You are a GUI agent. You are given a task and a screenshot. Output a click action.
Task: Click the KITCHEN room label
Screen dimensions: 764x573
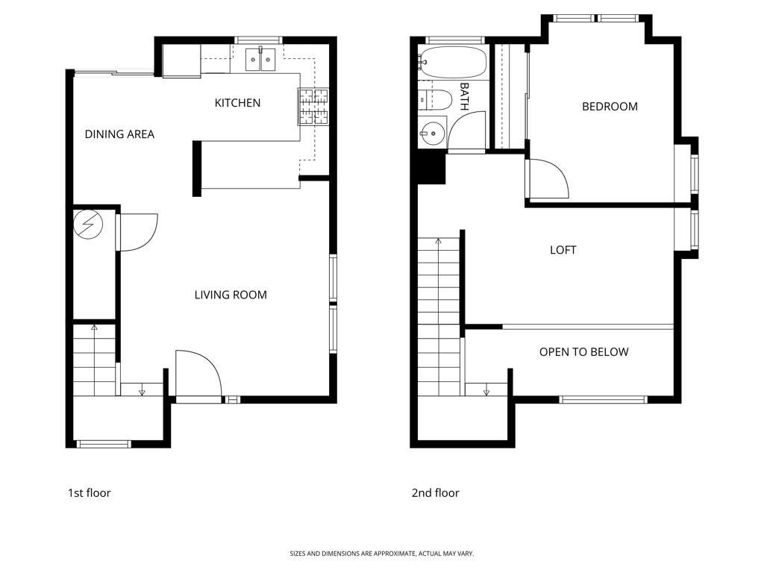(x=237, y=103)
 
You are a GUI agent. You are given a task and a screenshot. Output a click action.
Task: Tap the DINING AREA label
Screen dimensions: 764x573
(x=119, y=134)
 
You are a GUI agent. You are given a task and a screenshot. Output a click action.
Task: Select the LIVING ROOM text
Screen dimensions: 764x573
(x=231, y=295)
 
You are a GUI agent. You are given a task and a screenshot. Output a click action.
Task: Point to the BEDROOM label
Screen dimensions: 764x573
(x=610, y=106)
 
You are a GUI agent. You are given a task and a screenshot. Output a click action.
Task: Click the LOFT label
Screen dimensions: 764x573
(x=563, y=250)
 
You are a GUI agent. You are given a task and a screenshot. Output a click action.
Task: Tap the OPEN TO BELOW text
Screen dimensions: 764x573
(x=583, y=352)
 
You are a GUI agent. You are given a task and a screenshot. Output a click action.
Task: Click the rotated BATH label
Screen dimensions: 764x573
(x=464, y=96)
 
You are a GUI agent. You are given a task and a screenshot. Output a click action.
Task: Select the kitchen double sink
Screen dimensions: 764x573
(x=260, y=59)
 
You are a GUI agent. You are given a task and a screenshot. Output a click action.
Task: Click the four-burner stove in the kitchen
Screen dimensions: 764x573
(x=313, y=106)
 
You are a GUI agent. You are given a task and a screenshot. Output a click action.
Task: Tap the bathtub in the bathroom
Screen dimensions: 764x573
(x=453, y=62)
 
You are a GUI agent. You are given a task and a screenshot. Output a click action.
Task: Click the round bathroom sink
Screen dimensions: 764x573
(x=432, y=132)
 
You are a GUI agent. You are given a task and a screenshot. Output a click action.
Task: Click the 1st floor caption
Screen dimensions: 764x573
(x=90, y=493)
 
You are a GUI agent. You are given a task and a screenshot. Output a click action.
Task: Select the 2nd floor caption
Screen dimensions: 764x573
(x=435, y=493)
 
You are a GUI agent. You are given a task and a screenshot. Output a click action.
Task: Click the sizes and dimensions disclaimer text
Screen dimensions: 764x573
(x=381, y=554)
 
